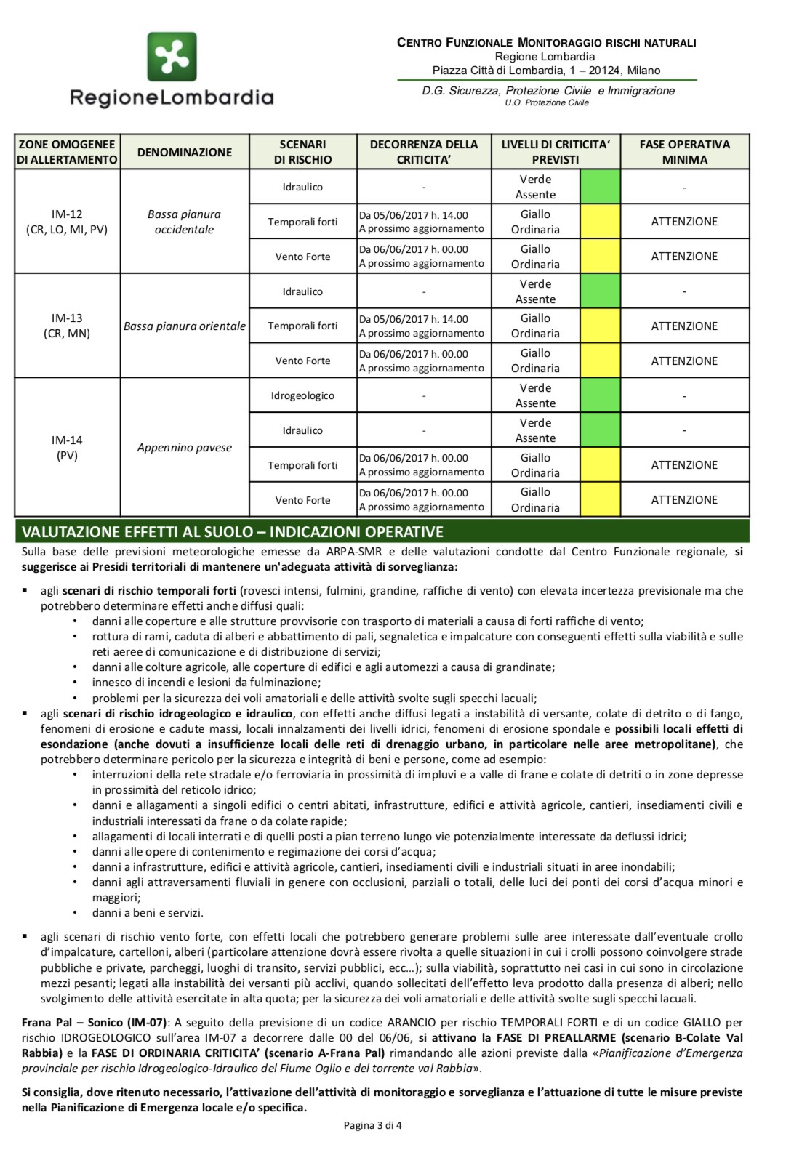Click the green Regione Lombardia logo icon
click(172, 57)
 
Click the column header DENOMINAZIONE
click(185, 152)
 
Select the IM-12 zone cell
click(67, 222)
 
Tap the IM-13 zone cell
click(67, 326)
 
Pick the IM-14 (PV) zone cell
click(67, 448)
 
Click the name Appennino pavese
click(185, 448)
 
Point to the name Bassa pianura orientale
click(185, 326)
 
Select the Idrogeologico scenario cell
click(302, 395)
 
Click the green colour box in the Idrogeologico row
click(600, 395)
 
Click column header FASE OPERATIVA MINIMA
click(684, 152)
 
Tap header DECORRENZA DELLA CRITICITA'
click(424, 152)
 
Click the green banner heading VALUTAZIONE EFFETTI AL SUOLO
click(233, 531)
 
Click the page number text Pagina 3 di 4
click(372, 1125)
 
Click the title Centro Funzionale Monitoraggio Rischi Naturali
click(546, 42)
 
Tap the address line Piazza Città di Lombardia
click(546, 71)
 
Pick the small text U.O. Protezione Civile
click(546, 103)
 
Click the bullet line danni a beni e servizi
click(148, 912)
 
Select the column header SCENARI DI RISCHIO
click(302, 152)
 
